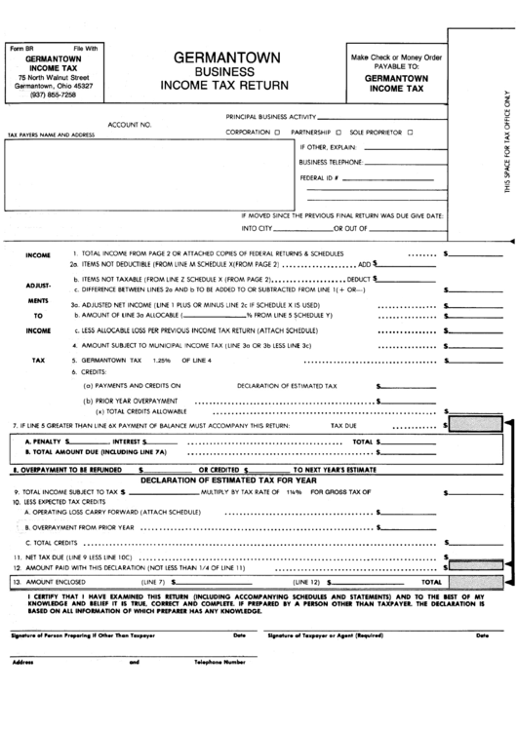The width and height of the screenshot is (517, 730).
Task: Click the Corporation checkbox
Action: point(278,131)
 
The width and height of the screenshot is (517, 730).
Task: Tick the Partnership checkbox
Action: point(338,131)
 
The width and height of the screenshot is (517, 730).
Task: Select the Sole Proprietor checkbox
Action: point(412,131)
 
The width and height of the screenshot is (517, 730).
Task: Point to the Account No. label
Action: point(130,125)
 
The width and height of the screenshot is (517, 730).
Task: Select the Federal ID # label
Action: point(319,178)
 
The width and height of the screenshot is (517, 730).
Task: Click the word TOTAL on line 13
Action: point(430,581)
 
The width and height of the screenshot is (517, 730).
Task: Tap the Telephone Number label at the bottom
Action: point(219,662)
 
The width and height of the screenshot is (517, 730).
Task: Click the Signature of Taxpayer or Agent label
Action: point(321,634)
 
